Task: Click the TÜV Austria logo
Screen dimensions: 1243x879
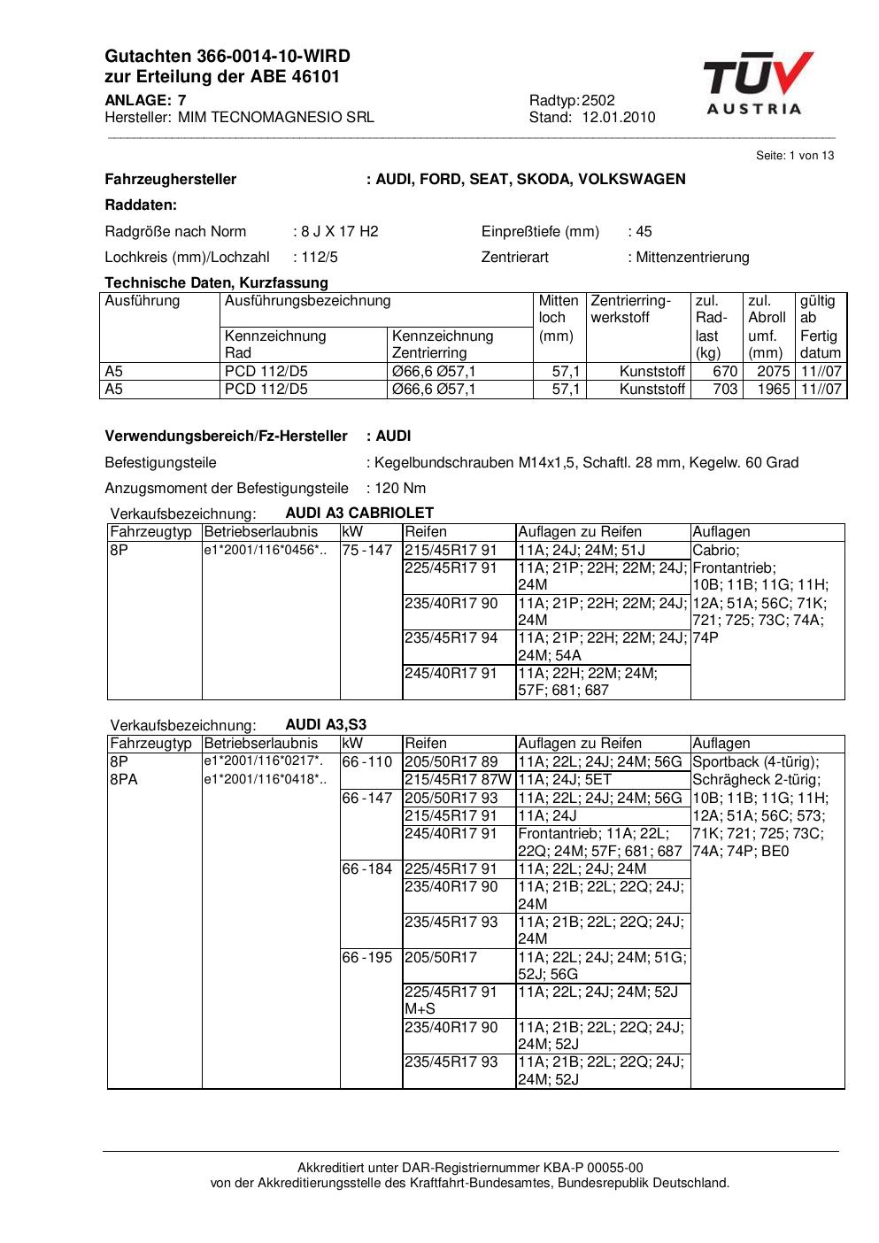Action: pos(758,84)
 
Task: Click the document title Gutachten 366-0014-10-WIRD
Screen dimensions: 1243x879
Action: pos(227,57)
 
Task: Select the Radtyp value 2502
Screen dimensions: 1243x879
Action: pos(598,101)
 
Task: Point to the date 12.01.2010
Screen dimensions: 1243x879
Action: pos(619,118)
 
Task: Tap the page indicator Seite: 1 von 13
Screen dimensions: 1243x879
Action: pos(795,156)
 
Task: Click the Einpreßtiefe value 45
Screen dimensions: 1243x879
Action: pos(644,232)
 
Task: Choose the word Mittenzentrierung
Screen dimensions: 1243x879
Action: pos(692,258)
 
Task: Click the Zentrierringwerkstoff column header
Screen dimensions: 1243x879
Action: pos(631,309)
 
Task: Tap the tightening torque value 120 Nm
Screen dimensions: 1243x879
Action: pos(400,489)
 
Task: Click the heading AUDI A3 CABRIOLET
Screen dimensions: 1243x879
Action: pos(359,513)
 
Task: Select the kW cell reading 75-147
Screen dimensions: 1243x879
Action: pos(366,551)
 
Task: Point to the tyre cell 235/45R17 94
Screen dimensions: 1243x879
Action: pos(451,638)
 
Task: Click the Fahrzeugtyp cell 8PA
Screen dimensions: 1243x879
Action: pos(124,780)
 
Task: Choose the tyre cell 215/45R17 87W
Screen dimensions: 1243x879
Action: pos(458,780)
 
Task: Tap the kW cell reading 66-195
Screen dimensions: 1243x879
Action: pos(366,958)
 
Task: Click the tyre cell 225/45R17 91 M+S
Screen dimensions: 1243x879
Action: pos(451,1000)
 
